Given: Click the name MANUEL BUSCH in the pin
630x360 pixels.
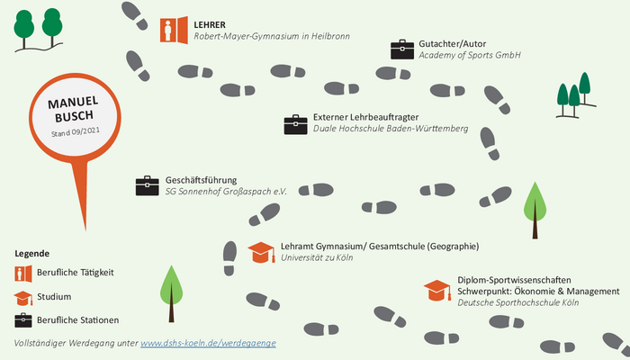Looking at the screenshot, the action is (74, 109).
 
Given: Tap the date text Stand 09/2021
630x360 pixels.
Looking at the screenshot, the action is (76, 131).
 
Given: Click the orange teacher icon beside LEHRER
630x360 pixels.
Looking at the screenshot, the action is (174, 30).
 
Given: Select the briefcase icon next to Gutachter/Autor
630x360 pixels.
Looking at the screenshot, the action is (402, 49).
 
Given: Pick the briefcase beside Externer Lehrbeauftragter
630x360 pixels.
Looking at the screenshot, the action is (296, 124).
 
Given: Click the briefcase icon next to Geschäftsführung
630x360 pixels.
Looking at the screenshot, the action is (147, 185).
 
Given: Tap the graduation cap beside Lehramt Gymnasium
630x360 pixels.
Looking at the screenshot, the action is (261, 252).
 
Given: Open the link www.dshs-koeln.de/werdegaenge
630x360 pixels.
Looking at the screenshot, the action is (208, 343).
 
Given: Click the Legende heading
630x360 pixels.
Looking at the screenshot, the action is (32, 254).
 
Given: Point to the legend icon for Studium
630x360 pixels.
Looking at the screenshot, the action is (23, 298).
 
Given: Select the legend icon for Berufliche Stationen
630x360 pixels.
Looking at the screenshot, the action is (23, 320).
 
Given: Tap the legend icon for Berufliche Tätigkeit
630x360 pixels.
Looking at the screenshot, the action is (23, 274).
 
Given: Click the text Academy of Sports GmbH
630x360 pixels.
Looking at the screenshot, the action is (470, 55).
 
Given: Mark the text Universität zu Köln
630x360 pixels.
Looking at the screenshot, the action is (317, 257).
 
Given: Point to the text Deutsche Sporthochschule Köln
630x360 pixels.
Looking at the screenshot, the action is (517, 302).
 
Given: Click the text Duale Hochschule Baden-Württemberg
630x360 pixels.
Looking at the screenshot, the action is (391, 129).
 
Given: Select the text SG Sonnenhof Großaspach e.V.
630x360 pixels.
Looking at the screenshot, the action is (226, 191).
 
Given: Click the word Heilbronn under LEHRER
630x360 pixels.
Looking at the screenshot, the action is (330, 36).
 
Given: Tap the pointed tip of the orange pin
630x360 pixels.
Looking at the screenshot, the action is (85, 229).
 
